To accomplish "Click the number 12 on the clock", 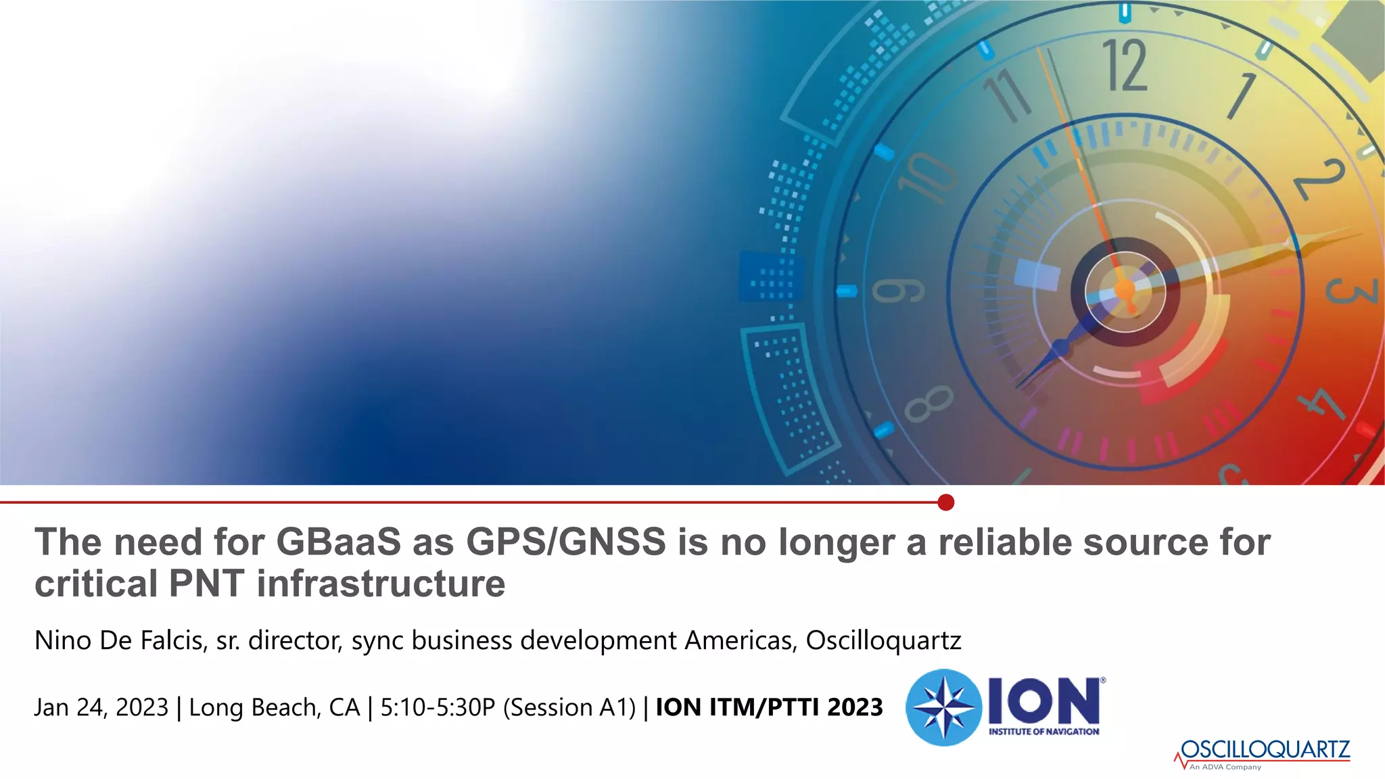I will point(1125,66).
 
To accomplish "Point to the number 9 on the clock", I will point(898,291).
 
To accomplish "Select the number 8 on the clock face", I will point(929,404).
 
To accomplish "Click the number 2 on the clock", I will point(1319,179).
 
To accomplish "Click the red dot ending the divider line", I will point(946,502).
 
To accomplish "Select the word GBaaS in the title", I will point(338,542).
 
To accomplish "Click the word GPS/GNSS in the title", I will point(566,542).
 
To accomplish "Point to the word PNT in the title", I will point(206,584).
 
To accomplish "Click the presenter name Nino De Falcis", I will point(120,640).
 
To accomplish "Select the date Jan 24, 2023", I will point(101,707).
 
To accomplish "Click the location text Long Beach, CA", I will point(274,707).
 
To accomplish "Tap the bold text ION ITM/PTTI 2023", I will point(769,707).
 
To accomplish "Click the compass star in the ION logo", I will point(943,707).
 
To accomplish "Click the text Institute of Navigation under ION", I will point(1043,732).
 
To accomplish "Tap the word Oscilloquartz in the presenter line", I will point(883,640).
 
